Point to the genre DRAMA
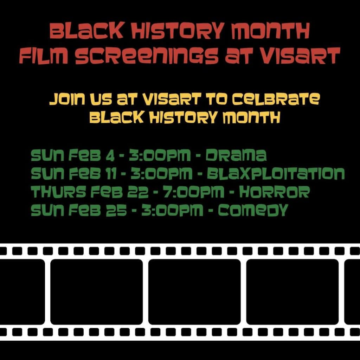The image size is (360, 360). tap(236, 155)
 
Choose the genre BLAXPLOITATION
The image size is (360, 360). tap(276, 173)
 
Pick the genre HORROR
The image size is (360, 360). tap(274, 192)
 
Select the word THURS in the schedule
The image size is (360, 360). tap(59, 192)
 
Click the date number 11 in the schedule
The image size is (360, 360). tap(111, 174)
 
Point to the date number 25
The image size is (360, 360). tap(116, 210)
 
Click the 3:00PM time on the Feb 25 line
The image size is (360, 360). tap(172, 210)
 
